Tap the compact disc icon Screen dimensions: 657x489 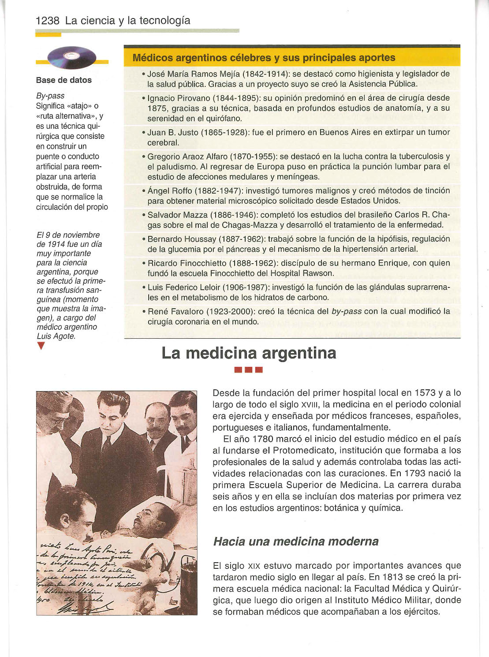(72, 57)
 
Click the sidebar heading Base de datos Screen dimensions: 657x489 (64, 80)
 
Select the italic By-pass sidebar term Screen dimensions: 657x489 (50, 96)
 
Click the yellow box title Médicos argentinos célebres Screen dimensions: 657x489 (264, 58)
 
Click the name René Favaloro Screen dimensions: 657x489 (173, 311)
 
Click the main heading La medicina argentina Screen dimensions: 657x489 (249, 353)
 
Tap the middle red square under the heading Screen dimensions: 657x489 (249, 370)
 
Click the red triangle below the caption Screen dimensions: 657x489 (41, 347)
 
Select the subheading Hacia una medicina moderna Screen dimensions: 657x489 (295, 541)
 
